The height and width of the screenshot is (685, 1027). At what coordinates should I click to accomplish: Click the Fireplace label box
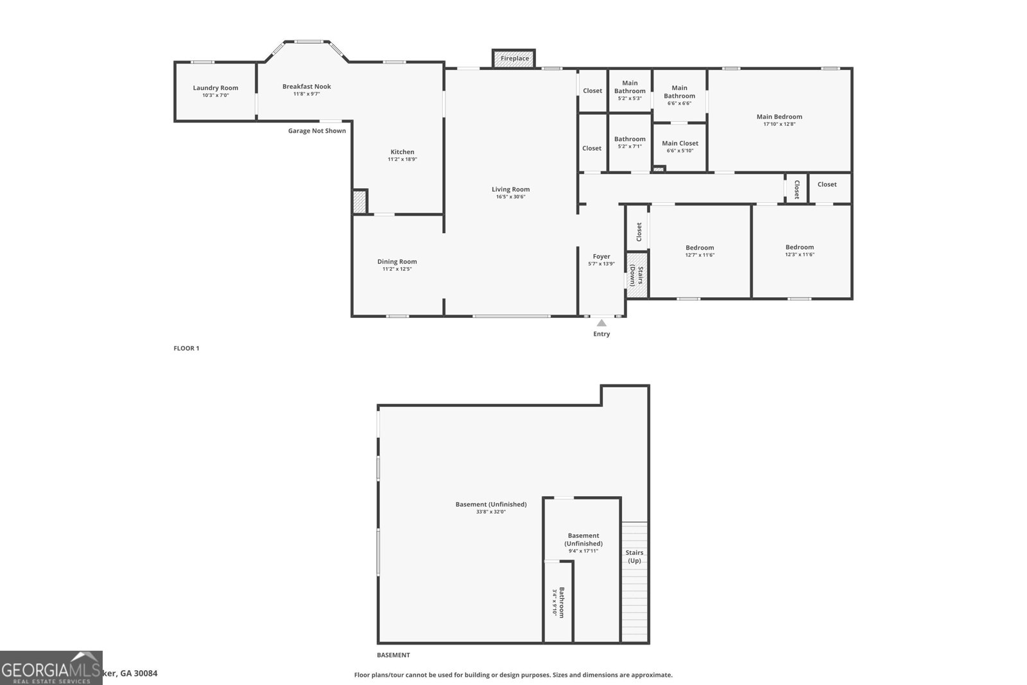click(513, 58)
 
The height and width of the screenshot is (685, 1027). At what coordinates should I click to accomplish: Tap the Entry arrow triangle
click(601, 323)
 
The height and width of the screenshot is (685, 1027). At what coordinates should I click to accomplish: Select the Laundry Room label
click(216, 88)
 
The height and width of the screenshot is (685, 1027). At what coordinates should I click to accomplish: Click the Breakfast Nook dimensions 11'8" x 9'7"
click(306, 94)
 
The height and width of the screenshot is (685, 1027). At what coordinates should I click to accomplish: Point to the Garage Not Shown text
click(316, 131)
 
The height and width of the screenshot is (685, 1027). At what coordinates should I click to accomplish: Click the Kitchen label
click(402, 152)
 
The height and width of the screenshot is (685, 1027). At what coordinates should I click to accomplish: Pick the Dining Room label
click(397, 261)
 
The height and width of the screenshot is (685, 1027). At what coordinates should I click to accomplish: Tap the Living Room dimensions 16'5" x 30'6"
click(510, 197)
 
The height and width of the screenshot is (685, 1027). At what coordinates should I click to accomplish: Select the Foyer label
click(601, 257)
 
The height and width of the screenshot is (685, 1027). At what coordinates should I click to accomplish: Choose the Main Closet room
click(680, 146)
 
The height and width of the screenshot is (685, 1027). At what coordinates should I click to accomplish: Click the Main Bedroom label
click(779, 117)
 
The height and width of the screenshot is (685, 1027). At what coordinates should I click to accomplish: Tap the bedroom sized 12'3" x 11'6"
click(800, 250)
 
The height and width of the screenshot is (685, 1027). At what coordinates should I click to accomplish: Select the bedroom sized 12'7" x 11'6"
click(700, 251)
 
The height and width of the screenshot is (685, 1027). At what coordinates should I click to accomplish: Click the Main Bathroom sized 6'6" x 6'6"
click(679, 95)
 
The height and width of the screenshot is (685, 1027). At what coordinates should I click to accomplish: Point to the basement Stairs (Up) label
click(634, 557)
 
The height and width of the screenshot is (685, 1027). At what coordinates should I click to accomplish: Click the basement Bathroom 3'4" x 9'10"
click(558, 602)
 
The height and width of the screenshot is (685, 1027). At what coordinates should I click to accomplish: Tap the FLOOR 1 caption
click(186, 349)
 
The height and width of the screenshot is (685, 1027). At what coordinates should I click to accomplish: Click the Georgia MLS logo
click(51, 668)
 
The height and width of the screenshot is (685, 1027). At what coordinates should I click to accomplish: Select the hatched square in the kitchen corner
click(359, 202)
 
